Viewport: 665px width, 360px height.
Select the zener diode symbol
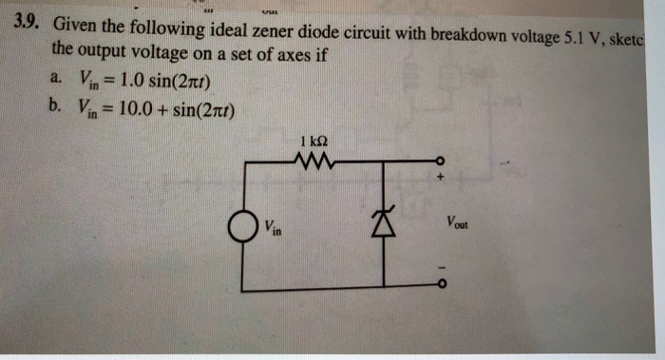(x=384, y=227)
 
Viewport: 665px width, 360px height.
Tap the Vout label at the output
(x=456, y=225)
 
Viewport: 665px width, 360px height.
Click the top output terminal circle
(x=438, y=161)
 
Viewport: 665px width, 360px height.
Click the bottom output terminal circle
(x=438, y=286)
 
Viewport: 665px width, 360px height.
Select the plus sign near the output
(x=440, y=176)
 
